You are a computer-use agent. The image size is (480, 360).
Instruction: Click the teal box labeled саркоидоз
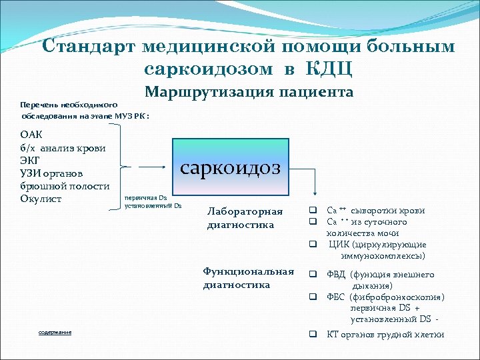click(231, 167)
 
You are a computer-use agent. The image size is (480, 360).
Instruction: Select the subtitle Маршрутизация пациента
click(249, 92)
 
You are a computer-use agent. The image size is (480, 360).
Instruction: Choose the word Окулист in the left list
click(41, 199)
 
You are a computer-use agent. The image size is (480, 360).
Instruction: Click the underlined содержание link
click(55, 332)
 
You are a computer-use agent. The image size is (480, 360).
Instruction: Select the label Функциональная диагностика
click(248, 278)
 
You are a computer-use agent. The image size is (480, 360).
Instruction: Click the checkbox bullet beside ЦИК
click(311, 245)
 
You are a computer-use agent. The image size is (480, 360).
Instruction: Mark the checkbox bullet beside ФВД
click(311, 275)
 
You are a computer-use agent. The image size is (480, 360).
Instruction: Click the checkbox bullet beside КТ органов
click(311, 335)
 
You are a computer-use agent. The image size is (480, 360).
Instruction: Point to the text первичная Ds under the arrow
click(140, 198)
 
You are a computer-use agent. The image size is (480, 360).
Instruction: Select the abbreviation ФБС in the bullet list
click(337, 297)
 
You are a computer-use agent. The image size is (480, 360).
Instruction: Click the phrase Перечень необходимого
click(69, 105)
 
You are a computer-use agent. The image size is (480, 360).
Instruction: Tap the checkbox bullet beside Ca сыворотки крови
click(311, 211)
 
